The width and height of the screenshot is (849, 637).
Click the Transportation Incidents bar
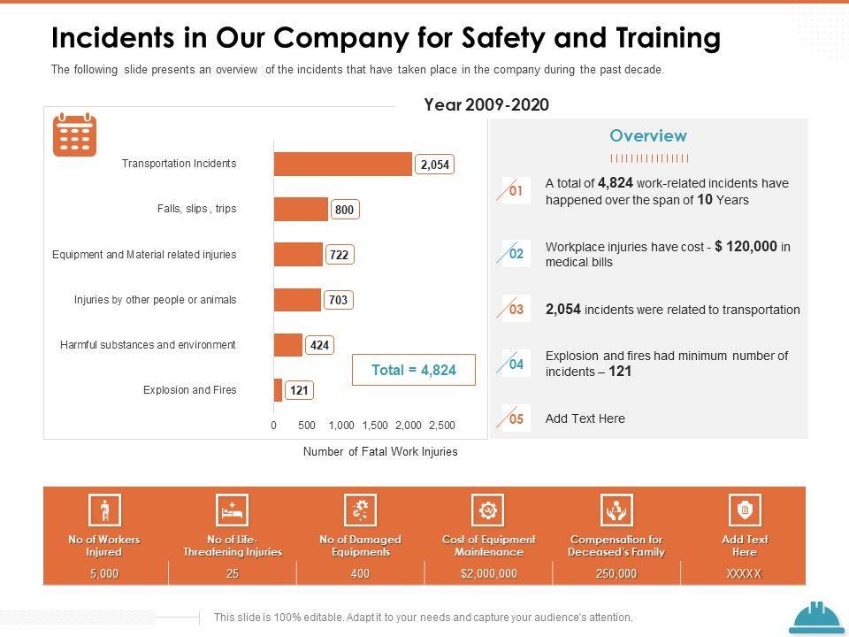pos(343,164)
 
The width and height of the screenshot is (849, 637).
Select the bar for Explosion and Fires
pos(278,390)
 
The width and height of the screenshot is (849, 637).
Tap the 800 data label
pos(345,210)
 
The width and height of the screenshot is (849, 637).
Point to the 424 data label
pos(319,345)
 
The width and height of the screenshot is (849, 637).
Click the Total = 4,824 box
pos(414,370)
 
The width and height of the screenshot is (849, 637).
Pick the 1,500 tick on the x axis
pos(375,426)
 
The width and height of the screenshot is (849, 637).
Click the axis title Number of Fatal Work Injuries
pos(380,452)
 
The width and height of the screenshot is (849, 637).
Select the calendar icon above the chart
pos(75,134)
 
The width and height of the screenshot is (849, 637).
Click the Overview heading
pos(647,135)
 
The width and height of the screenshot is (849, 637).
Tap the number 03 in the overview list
pos(516,310)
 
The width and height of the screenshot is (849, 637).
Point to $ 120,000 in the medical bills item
pos(746,247)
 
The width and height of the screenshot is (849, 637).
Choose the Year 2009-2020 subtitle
pos(486,104)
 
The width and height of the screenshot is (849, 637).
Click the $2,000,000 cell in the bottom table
pos(488,573)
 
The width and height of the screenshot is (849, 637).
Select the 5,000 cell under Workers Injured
pos(104,573)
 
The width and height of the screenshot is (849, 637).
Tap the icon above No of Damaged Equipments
pos(360,510)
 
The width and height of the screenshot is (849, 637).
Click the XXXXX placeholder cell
pos(744,573)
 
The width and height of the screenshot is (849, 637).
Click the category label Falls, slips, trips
pos(196,209)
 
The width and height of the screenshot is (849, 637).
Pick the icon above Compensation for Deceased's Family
pos(616,510)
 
